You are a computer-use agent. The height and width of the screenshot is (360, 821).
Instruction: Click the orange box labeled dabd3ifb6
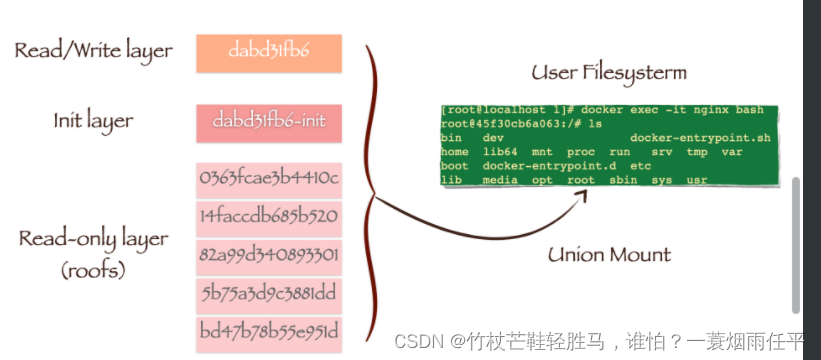(x=269, y=53)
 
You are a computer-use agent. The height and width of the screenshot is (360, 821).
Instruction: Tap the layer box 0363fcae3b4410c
(x=269, y=179)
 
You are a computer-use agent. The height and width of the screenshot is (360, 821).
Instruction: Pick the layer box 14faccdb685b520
(x=269, y=217)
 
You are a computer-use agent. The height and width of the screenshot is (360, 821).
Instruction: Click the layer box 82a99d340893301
(x=269, y=255)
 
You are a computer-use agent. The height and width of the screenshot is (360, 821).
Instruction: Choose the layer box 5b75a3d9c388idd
(x=269, y=293)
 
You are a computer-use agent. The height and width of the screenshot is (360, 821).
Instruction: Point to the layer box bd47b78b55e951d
(x=269, y=331)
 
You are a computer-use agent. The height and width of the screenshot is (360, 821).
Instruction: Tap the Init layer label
(x=93, y=121)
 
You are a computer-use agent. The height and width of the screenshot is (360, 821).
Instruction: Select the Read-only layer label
(x=93, y=240)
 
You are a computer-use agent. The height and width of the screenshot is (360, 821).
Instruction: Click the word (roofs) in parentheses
(x=95, y=270)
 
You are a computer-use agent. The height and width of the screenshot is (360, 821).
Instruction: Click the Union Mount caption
(x=609, y=254)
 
